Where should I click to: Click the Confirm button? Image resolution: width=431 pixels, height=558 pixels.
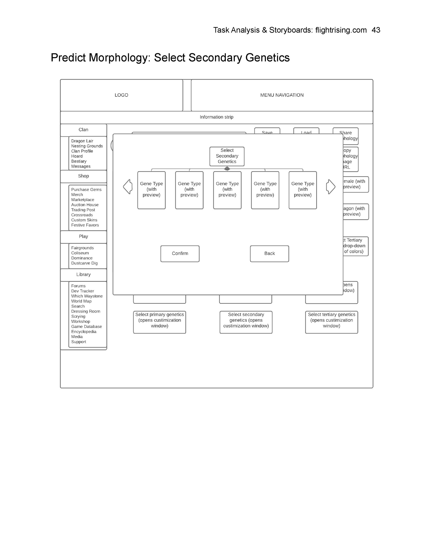(180, 254)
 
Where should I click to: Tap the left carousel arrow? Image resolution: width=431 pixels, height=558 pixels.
(128, 187)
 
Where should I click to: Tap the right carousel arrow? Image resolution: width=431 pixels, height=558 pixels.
(331, 187)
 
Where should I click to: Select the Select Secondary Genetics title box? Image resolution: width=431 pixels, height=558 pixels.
(227, 156)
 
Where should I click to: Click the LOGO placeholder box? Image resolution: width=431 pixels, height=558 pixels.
(121, 95)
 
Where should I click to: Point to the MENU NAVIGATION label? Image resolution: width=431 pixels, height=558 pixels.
(282, 95)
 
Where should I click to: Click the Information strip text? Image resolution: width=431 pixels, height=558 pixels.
(216, 117)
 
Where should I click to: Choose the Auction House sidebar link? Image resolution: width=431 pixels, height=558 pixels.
(85, 205)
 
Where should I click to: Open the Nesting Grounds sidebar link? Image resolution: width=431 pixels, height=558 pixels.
(87, 146)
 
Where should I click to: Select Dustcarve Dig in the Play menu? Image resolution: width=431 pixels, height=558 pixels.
(84, 263)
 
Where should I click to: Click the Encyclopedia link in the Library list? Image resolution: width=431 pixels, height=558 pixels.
(84, 331)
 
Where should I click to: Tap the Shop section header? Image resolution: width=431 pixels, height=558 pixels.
(83, 176)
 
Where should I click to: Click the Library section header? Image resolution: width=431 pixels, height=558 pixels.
(83, 274)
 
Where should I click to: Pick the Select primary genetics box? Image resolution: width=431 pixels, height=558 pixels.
(159, 320)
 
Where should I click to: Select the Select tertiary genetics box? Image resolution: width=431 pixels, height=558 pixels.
(331, 320)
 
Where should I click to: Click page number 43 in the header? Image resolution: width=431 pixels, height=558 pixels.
(376, 30)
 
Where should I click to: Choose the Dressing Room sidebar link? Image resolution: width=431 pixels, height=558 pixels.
(86, 311)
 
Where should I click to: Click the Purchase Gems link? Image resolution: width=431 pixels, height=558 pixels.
(86, 190)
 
